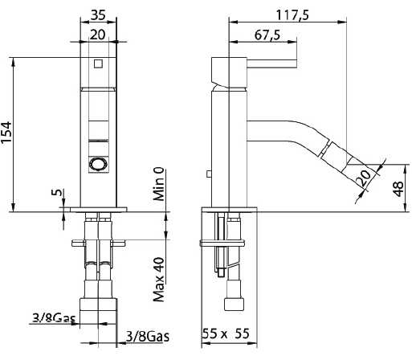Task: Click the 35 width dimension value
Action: pos(99,14)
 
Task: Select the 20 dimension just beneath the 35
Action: pos(99,33)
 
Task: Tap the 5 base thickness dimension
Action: pos(55,194)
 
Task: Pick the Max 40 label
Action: pos(159,277)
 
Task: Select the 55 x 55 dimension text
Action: pos(226,333)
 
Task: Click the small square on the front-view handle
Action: pos(98,63)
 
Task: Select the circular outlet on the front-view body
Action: pos(98,164)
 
